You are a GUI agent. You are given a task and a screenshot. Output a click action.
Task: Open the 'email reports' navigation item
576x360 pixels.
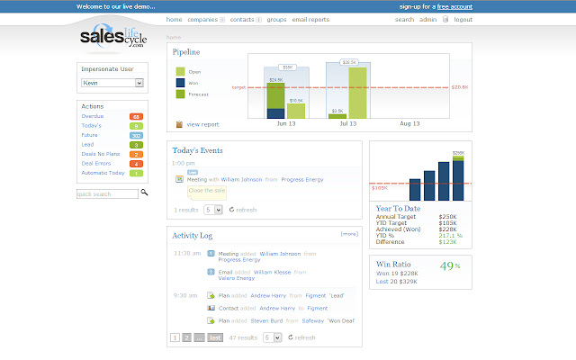311,19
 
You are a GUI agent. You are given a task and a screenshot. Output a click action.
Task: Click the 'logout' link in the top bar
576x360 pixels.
463,19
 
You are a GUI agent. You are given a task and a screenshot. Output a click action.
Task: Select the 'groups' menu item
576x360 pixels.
276,19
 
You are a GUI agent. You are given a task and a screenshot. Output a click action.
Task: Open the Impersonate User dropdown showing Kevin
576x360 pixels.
112,83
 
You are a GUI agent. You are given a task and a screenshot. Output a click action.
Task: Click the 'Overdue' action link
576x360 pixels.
92,116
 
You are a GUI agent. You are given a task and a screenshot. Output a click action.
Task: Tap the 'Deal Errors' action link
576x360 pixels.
94,163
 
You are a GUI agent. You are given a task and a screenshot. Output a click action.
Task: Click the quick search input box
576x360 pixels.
107,193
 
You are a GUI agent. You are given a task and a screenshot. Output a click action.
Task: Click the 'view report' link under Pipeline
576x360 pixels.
202,124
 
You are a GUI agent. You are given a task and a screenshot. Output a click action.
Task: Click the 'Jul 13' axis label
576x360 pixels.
346,124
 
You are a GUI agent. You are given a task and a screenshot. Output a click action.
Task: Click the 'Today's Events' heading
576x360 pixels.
198,150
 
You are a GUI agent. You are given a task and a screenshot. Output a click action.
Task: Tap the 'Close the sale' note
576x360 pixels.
206,191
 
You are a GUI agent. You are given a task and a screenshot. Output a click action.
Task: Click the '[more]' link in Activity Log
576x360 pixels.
349,234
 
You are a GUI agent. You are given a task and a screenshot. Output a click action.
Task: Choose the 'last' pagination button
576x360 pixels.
215,337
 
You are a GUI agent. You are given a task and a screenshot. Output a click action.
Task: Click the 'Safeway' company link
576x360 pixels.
312,319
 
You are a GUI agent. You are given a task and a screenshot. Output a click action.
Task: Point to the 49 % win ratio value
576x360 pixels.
447,265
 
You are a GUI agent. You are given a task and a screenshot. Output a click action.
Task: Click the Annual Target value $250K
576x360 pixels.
447,217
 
